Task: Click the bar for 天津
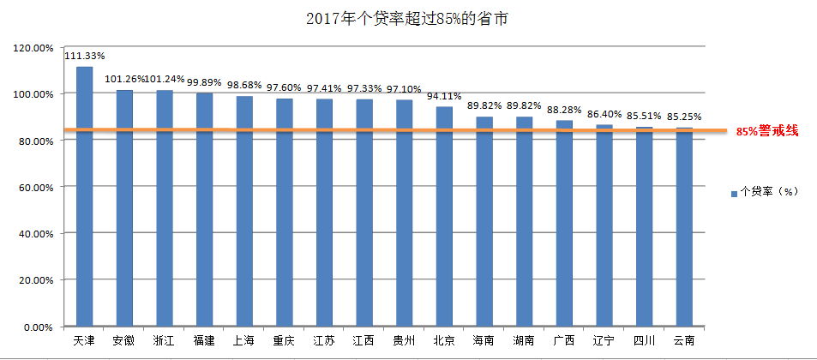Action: (84, 197)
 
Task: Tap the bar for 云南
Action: (684, 227)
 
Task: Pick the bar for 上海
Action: (244, 210)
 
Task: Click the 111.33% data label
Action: (84, 57)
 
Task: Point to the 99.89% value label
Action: (204, 83)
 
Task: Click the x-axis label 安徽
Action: (124, 340)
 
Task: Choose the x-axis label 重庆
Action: (284, 340)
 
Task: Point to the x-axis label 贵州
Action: (404, 340)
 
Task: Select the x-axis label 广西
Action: (564, 340)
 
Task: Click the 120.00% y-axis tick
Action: (33, 48)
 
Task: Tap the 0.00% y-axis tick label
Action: (39, 327)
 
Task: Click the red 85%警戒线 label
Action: (767, 131)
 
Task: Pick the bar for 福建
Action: (204, 209)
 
